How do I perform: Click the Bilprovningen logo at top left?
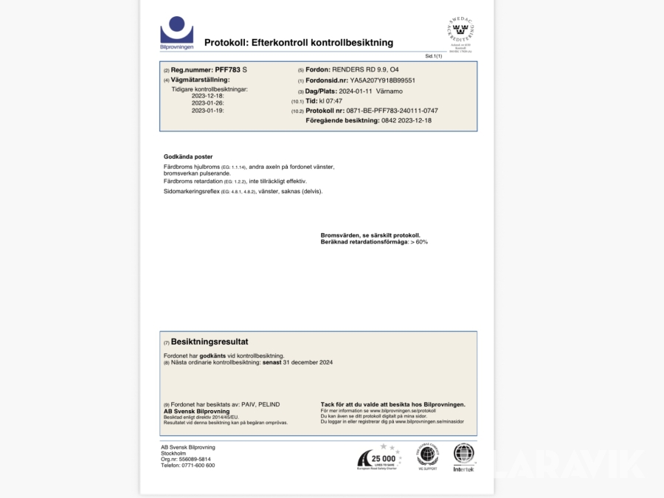point(177,33)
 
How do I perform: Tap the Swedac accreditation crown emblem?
point(460,32)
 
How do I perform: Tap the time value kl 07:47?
point(331,100)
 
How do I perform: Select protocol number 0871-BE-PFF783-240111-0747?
point(387,111)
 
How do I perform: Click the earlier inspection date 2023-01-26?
point(207,103)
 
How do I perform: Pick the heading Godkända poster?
point(188,156)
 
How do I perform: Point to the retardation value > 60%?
point(419,242)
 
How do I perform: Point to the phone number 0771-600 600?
point(197,466)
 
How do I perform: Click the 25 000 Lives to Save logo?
point(379,457)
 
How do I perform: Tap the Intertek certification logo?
point(464,457)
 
